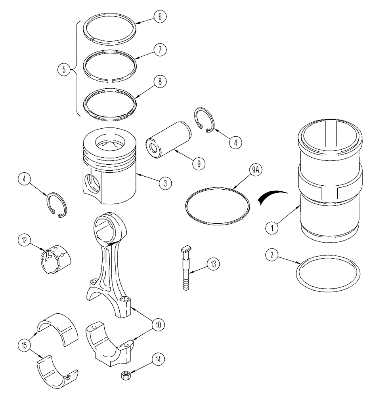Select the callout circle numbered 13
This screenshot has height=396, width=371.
(213, 263)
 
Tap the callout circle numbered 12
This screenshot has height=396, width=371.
(24, 240)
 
